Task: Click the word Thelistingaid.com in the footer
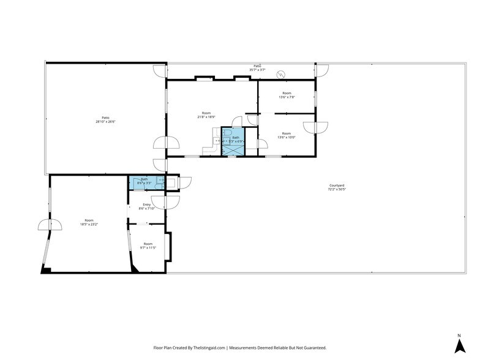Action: coord(208,348)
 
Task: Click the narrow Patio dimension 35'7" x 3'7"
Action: coord(257,70)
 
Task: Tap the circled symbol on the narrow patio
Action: coord(281,74)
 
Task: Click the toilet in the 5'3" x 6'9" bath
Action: coord(226,132)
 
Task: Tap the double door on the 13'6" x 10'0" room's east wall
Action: coord(320,127)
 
